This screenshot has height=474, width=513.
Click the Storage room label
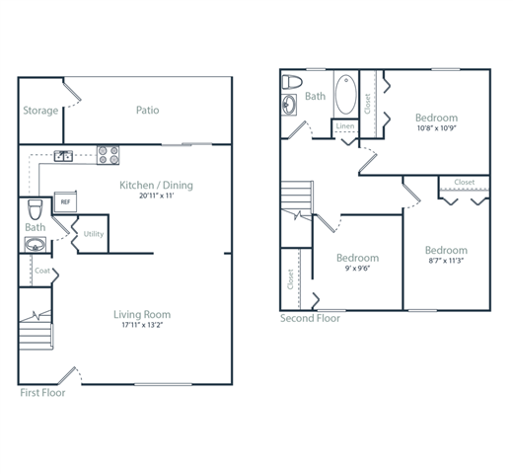(40, 111)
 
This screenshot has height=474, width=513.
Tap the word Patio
(147, 111)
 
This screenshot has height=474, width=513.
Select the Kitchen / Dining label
(156, 185)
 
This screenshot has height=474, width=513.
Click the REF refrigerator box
(66, 200)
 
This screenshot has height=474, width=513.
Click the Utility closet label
(94, 234)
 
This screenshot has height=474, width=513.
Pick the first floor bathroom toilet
(36, 208)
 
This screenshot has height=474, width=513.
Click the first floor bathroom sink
(36, 245)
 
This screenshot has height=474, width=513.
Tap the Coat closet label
(42, 271)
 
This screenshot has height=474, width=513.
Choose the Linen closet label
(344, 126)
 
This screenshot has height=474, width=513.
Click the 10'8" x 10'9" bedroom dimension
(436, 127)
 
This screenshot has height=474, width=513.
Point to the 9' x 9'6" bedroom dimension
(356, 270)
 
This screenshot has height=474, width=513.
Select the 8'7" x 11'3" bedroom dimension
(446, 263)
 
